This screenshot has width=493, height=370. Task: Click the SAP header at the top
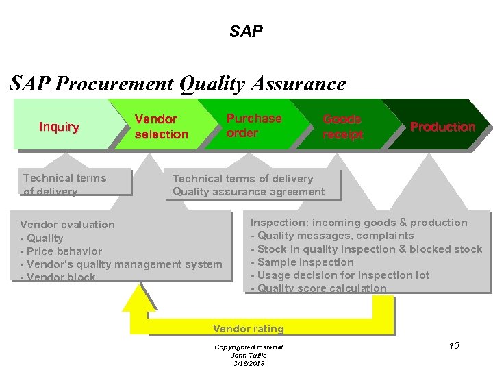246,32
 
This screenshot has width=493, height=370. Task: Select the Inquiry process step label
59,127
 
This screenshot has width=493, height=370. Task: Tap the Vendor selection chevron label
161,127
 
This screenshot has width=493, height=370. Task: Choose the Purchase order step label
253,125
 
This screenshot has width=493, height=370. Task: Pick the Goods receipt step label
342,127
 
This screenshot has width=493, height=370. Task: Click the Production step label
442,127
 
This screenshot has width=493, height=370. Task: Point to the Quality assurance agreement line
249,192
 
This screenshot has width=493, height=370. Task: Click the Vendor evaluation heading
67,225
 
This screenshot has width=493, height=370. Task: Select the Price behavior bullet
61,251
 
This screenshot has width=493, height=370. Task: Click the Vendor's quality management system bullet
121,264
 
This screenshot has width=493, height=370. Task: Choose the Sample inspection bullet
302,262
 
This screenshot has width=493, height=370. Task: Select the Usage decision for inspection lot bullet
340,275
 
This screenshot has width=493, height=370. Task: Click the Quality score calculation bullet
318,288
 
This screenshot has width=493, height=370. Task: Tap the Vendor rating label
248,329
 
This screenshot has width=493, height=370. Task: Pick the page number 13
454,345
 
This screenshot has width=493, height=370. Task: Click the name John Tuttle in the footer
248,355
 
